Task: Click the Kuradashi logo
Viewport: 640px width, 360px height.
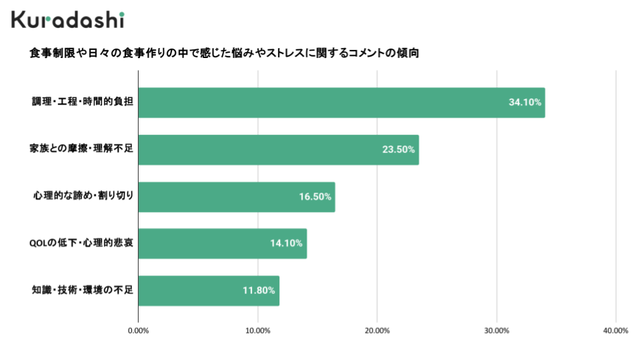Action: pos(67,19)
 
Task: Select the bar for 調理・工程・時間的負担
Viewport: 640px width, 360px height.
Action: pos(341,103)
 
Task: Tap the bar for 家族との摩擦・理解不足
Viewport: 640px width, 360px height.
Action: pos(278,150)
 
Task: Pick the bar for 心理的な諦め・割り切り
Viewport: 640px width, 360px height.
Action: pos(236,197)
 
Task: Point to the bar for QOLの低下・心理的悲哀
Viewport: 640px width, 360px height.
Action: pos(222,243)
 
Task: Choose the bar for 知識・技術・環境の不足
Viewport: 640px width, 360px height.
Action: pos(209,291)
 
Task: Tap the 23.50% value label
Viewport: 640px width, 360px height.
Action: pos(399,150)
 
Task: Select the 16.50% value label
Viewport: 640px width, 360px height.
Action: pos(315,197)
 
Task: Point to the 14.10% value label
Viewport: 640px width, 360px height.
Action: pos(287,243)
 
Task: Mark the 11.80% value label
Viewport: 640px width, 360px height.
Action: pos(259,291)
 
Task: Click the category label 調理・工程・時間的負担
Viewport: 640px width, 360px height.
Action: pos(83,103)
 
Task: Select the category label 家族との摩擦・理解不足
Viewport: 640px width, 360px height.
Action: pos(81,149)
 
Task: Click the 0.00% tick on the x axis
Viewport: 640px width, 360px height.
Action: pos(138,331)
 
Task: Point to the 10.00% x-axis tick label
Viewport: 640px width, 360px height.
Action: pos(258,331)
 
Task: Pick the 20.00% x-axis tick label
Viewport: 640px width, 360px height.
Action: pos(377,331)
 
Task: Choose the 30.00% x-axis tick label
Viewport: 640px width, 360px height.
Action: pos(497,331)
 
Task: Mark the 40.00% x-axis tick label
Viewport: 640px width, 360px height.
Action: pos(616,331)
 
